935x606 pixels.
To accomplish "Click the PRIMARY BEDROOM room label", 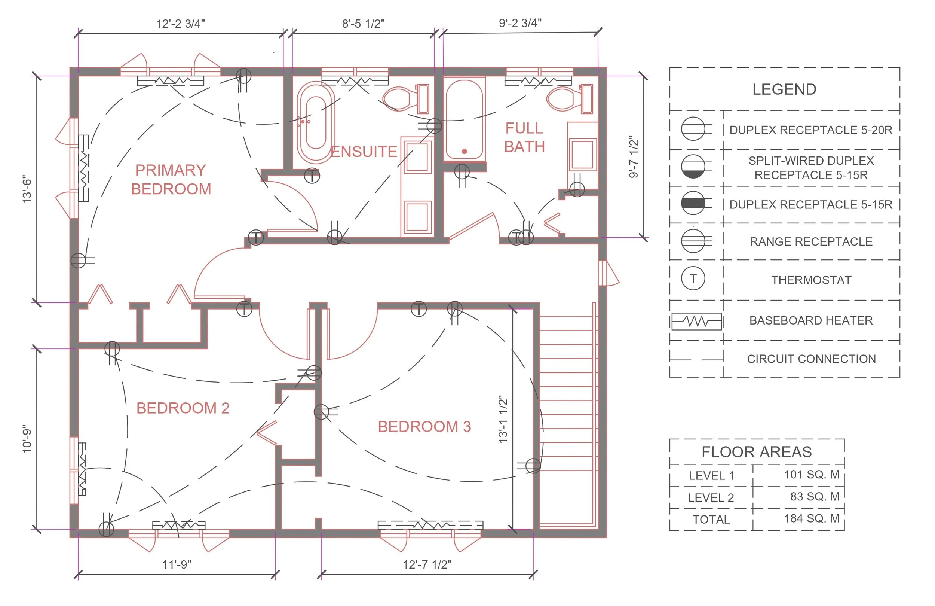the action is tap(171, 180).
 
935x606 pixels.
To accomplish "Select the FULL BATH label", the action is tap(524, 138).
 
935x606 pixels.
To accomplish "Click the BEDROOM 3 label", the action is tap(424, 427).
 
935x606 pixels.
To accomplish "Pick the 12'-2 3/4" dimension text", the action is tap(181, 24).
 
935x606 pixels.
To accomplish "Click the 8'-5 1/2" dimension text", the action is tap(364, 24).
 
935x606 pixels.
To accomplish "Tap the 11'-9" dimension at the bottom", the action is tap(177, 565).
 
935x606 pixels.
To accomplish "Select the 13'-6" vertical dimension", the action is tap(27, 189).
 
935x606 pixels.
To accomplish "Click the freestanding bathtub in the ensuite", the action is tap(316, 122).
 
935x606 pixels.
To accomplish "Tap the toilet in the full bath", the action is tap(570, 98).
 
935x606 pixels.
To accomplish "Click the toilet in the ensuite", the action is tap(406, 98).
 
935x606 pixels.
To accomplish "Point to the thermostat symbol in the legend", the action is tap(693, 279).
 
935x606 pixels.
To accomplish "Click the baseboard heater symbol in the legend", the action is tap(696, 321).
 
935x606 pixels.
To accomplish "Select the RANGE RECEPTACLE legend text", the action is tap(811, 241).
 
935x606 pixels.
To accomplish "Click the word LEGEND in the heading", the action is tap(784, 90).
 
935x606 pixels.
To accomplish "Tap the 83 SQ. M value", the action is tap(815, 497).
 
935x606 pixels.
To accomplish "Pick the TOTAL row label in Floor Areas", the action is tap(711, 520).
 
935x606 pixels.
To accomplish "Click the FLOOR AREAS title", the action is tap(757, 452).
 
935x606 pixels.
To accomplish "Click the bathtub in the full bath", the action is tap(465, 119).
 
